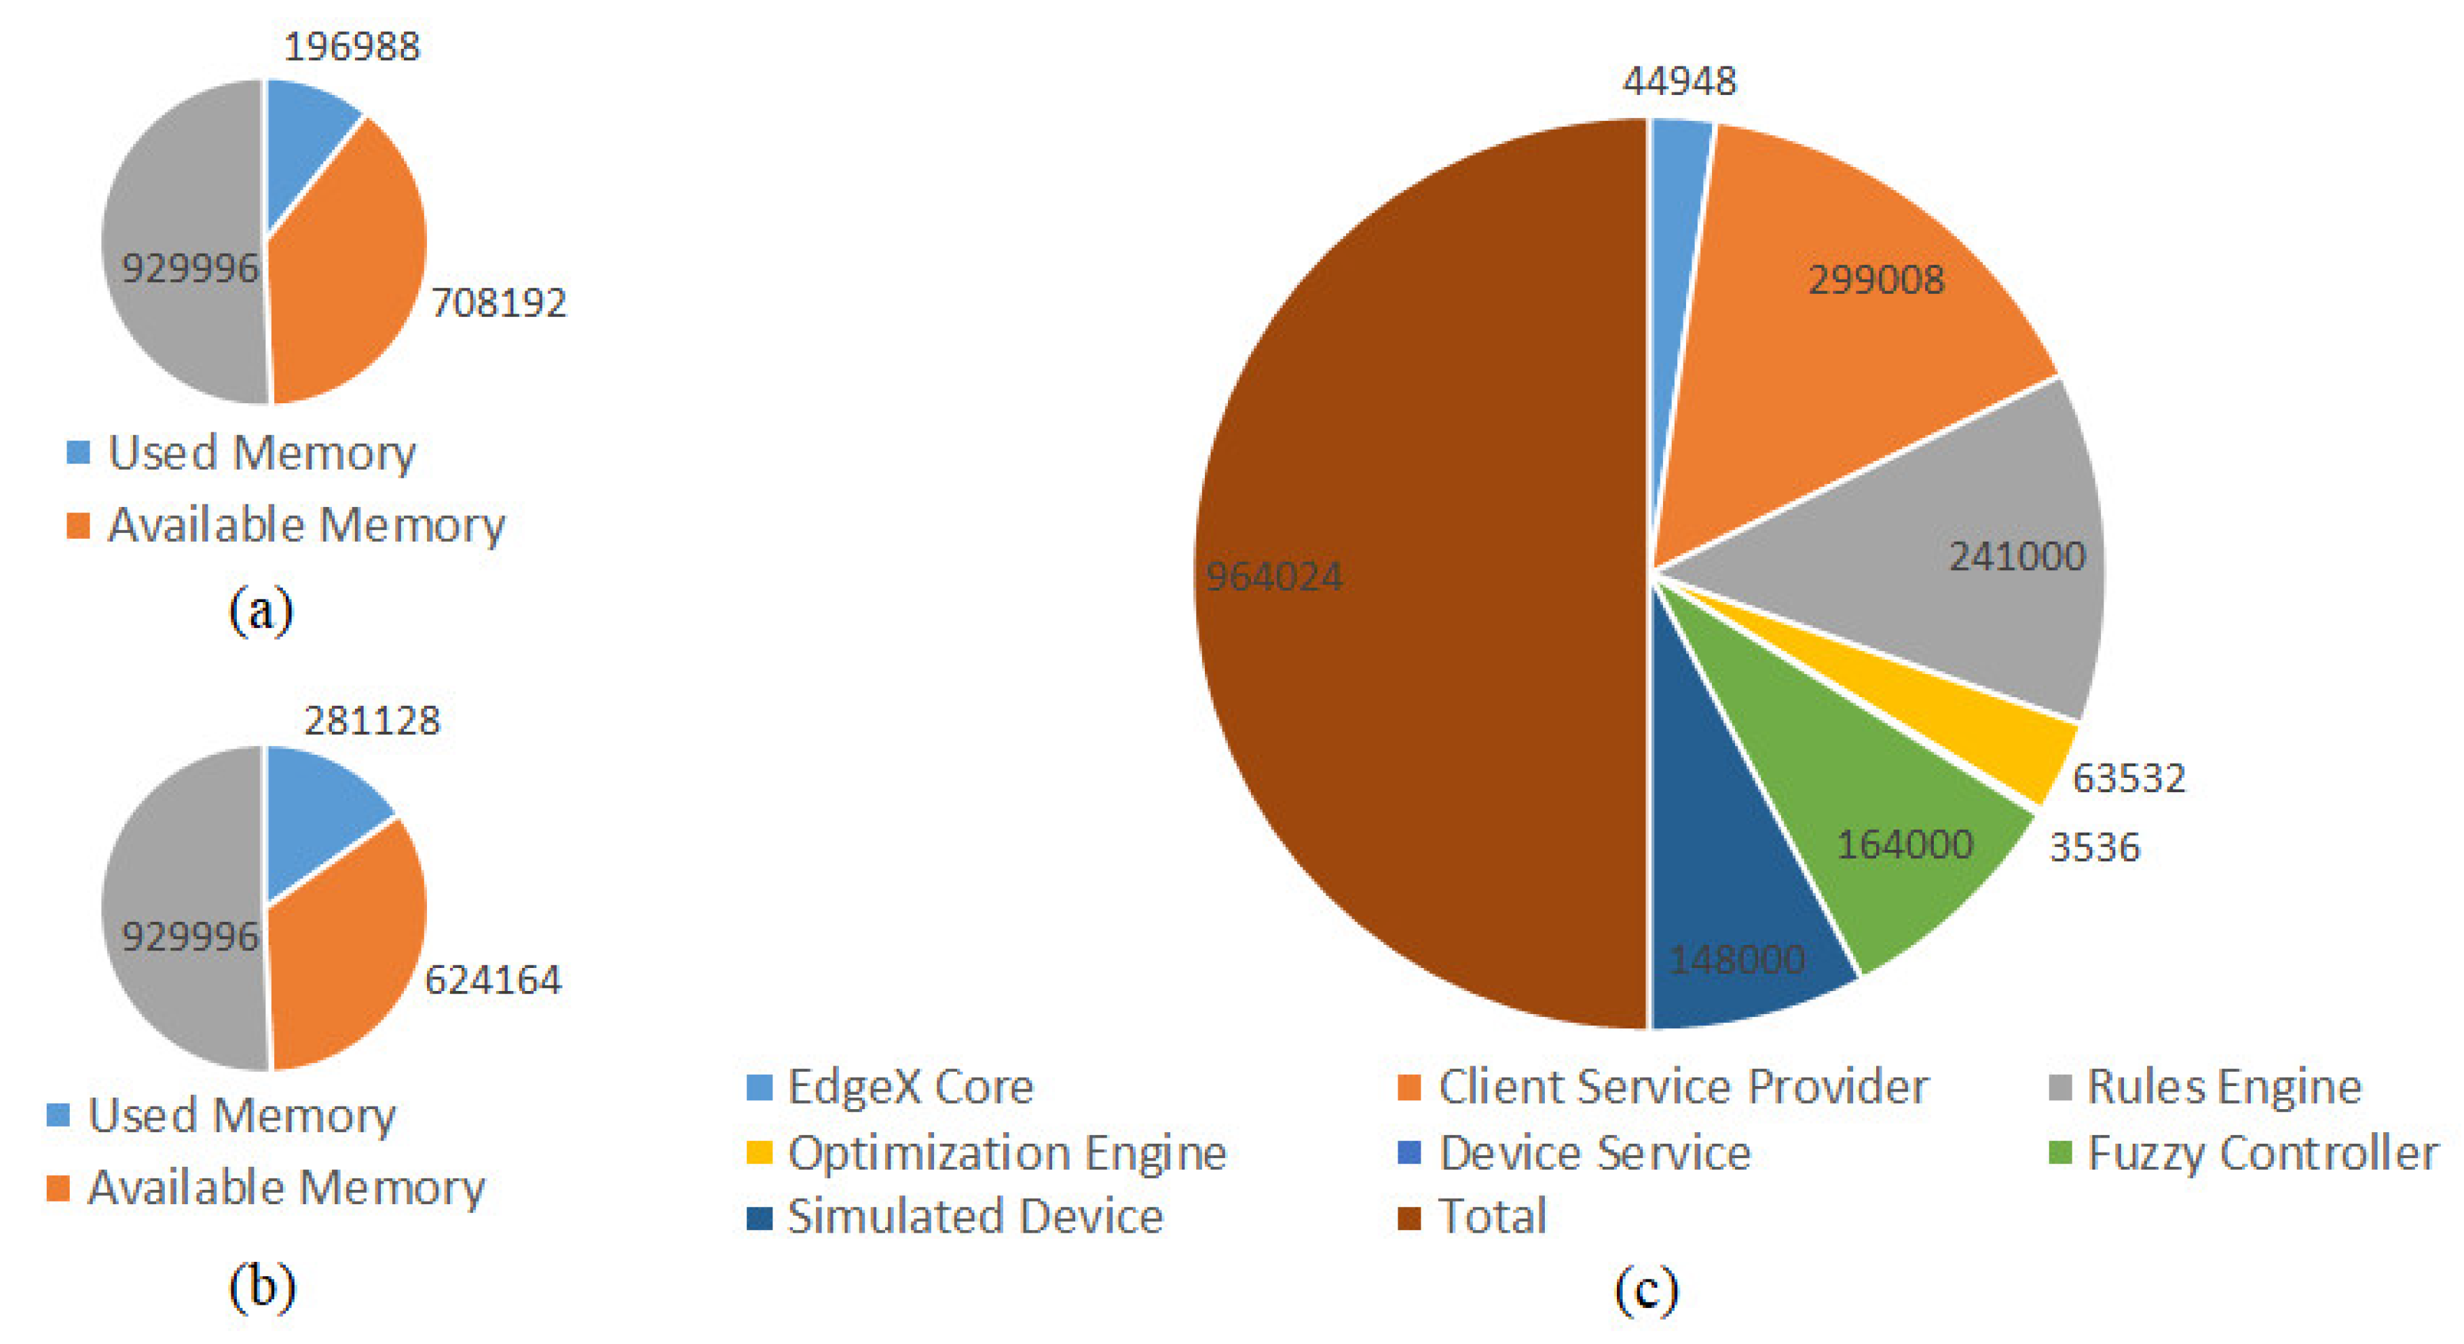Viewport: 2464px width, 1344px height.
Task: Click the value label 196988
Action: pos(352,46)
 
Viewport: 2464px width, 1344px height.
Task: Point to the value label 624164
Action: pos(493,979)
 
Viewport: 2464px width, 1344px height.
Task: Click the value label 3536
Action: pos(2094,848)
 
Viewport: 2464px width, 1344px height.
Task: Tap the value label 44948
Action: pos(1679,81)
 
